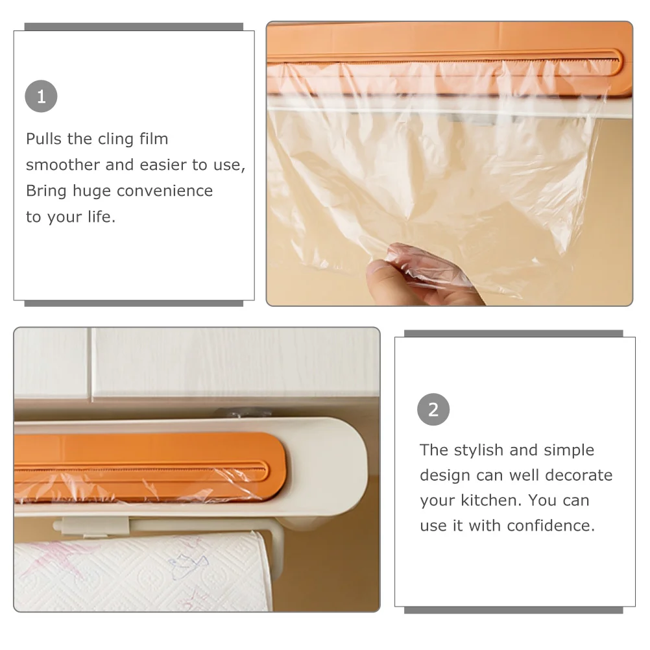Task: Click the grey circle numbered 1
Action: [x=41, y=96]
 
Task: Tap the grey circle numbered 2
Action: [x=433, y=409]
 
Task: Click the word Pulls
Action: [x=43, y=139]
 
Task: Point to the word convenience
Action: [x=165, y=191]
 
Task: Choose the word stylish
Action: [x=478, y=450]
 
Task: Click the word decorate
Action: [x=579, y=475]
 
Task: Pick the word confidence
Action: [x=551, y=525]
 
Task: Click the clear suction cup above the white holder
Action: [x=243, y=413]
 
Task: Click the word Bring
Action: [x=46, y=192]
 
